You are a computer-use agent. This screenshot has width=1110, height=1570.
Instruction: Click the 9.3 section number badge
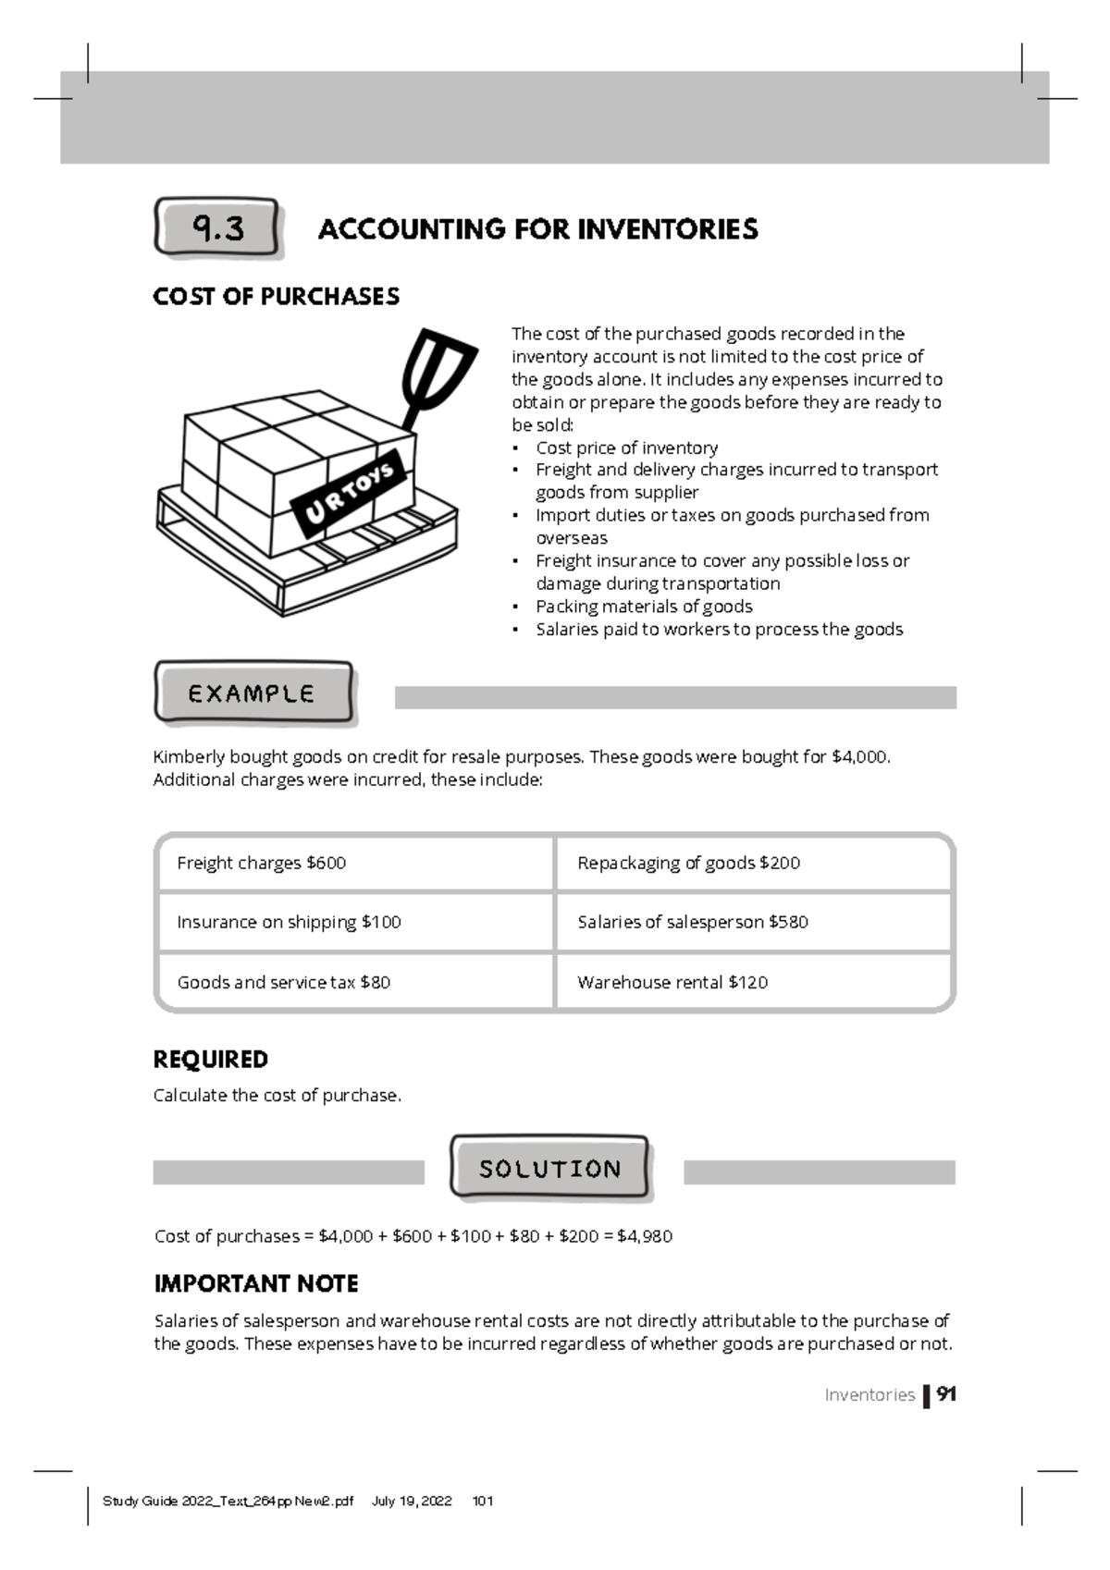[216, 227]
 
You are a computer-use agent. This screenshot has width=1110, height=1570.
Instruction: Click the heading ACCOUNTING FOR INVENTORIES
[537, 229]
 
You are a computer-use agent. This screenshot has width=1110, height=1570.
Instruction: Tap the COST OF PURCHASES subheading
[276, 297]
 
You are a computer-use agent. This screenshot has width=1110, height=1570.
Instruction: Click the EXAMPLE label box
[253, 693]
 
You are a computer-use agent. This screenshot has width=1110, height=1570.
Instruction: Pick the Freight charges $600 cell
[355, 864]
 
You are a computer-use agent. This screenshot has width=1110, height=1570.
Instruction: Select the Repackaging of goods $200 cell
[753, 864]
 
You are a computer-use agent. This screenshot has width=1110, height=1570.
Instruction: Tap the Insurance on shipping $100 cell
[355, 923]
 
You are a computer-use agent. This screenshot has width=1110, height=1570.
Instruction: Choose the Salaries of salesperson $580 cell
[753, 923]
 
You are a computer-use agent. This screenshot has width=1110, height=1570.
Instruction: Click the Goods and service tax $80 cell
[355, 982]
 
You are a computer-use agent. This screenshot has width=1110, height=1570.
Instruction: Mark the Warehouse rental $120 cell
[753, 982]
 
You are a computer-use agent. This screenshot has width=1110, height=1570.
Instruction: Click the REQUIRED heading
[210, 1060]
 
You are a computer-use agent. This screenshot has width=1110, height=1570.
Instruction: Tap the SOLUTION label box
[549, 1169]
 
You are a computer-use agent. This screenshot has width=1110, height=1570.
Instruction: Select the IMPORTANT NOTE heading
[256, 1284]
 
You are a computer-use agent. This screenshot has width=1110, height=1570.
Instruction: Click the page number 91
[945, 1394]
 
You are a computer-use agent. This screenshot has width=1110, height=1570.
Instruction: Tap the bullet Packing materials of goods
[644, 607]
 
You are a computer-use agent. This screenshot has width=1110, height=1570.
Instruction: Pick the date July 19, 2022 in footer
[412, 1502]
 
